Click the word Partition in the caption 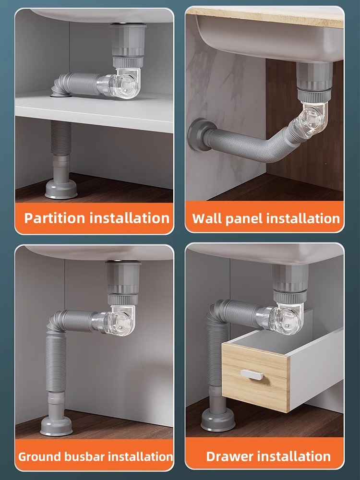click(55, 218)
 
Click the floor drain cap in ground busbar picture click(57, 424)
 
